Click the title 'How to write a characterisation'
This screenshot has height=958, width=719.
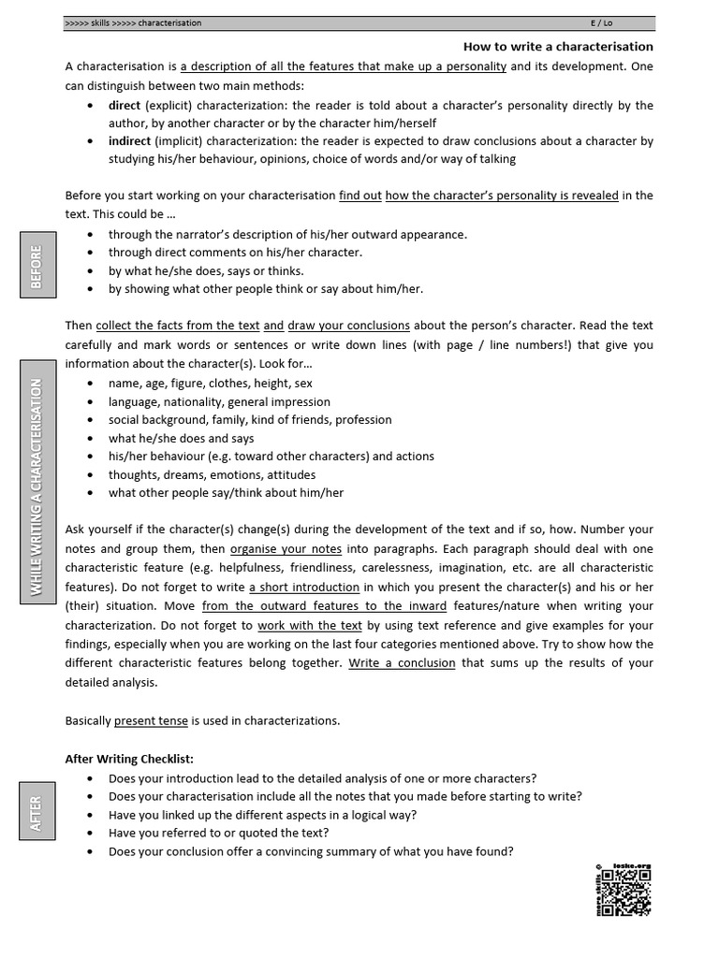click(558, 46)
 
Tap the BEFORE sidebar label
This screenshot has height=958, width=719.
click(36, 267)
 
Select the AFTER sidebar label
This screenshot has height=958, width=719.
click(36, 812)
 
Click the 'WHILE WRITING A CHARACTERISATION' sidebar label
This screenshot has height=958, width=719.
click(36, 486)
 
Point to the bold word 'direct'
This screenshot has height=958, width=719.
click(124, 105)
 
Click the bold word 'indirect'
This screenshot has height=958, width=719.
click(129, 141)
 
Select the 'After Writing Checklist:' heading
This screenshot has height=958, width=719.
click(129, 759)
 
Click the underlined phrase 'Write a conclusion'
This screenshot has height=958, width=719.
click(403, 662)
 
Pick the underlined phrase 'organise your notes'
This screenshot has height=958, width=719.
click(286, 548)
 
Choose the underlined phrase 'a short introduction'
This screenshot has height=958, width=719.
click(304, 587)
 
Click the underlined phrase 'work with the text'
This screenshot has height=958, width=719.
click(310, 625)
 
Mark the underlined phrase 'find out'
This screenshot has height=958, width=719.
click(359, 196)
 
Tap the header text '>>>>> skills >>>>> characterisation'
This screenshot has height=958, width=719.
click(133, 22)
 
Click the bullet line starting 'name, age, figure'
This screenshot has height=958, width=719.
click(210, 384)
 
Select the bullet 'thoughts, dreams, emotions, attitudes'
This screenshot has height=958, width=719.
click(212, 474)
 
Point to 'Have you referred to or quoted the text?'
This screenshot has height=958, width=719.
click(218, 833)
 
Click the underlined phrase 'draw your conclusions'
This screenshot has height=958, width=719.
click(348, 326)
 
